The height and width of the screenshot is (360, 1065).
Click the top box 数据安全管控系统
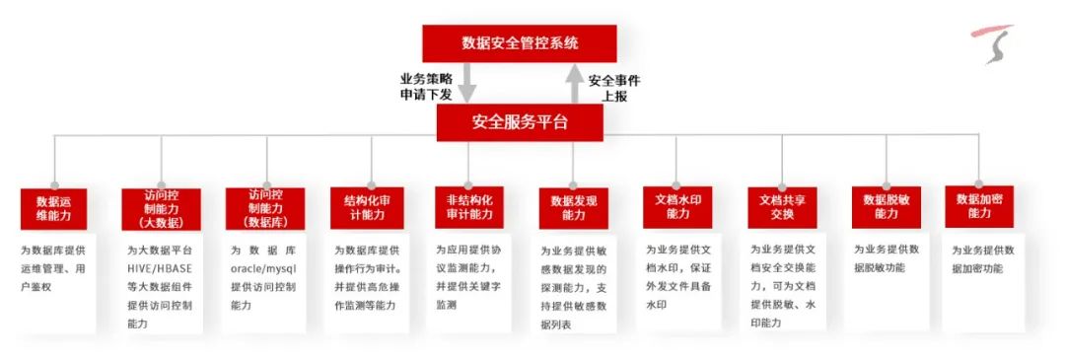pyautogui.click(x=520, y=43)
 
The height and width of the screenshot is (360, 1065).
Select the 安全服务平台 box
pyautogui.click(x=520, y=123)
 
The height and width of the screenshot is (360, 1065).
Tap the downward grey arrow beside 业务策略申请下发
pyautogui.click(x=467, y=83)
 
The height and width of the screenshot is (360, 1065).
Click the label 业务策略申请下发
pyautogui.click(x=426, y=87)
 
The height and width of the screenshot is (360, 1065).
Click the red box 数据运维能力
pyautogui.click(x=53, y=209)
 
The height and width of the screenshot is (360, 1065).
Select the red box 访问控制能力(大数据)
pyautogui.click(x=161, y=209)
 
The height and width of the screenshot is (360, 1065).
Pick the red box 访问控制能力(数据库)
pyautogui.click(x=265, y=208)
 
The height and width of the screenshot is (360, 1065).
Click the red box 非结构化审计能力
pyautogui.click(x=469, y=207)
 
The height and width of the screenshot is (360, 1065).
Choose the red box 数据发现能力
pyautogui.click(x=574, y=208)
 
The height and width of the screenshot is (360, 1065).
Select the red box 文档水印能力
pyautogui.click(x=677, y=207)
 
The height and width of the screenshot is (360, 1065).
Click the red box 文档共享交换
pyautogui.click(x=782, y=208)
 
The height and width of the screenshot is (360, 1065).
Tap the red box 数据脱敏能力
pyautogui.click(x=887, y=207)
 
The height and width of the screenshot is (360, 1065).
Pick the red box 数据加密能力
pyautogui.click(x=979, y=206)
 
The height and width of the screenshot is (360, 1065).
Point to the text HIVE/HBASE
pyautogui.click(x=160, y=268)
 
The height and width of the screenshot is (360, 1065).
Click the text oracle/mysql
pyautogui.click(x=264, y=268)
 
